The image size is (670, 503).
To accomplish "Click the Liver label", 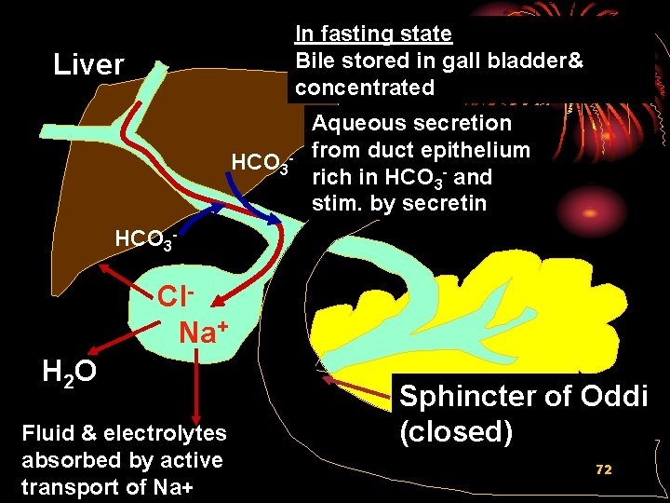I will pos(88,64).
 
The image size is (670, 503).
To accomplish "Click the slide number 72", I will pos(604,469).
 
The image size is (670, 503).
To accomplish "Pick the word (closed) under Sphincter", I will pos(456,432).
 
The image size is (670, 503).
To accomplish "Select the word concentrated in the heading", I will pos(365,88).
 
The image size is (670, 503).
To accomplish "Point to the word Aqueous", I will pos(358,123).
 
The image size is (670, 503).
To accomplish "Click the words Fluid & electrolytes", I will pos(123,433).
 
